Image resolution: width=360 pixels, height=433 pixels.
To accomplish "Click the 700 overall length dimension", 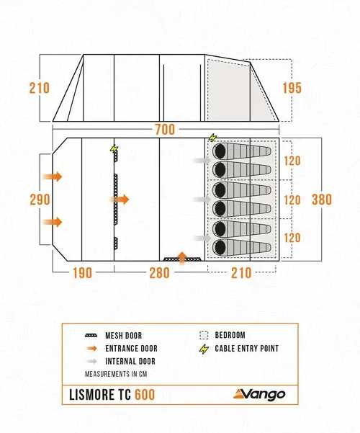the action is pos(165,129).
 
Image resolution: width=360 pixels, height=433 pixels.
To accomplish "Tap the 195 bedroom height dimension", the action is pos(292,88).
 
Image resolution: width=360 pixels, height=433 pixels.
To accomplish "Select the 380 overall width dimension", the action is pos(322,200).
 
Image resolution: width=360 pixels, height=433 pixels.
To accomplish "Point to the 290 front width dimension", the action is pos(40,200).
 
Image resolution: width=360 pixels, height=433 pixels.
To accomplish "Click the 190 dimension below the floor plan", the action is pos(82,273).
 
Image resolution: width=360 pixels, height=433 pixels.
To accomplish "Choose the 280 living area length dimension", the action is pos(160,273).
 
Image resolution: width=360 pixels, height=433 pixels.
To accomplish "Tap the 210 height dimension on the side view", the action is pos(40,88).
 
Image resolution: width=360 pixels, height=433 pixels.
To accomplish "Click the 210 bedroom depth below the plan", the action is pos(241,273).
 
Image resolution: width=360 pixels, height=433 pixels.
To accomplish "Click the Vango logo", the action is pos(259,394).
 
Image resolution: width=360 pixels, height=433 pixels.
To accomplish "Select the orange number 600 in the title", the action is pos(145,394).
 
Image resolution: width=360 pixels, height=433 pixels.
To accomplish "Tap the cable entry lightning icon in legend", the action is pos(204,349).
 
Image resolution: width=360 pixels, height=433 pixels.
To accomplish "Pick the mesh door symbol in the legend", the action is pos(91,336).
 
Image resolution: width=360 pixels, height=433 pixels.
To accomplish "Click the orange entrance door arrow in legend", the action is pos(91,348).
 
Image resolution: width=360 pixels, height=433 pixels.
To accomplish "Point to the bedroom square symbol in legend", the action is pos(204,335).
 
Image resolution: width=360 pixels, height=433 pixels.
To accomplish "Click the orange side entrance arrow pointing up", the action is pos(181,258).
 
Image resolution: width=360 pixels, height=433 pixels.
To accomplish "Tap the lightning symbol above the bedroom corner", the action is pos(212,137).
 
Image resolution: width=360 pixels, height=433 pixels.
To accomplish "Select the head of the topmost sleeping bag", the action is pos(220,151).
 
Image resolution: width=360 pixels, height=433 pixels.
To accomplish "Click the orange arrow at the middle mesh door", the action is pos(120,199).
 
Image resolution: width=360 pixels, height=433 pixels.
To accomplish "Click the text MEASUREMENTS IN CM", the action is pos(116,374).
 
